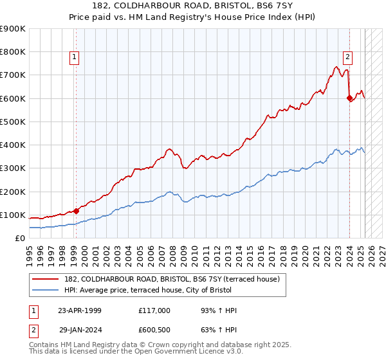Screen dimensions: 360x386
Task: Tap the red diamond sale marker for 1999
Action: (76, 210)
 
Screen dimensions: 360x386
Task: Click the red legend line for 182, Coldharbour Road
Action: (46, 280)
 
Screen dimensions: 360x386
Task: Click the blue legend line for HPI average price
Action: (46, 291)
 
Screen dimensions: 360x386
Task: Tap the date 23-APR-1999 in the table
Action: (80, 310)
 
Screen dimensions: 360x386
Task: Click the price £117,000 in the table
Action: (154, 310)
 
